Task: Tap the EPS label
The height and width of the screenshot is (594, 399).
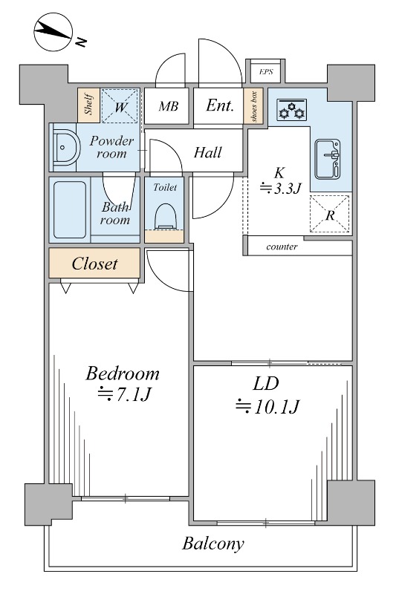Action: (x=266, y=71)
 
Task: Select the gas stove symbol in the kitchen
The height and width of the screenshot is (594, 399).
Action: (x=291, y=110)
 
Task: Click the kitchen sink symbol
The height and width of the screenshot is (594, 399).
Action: (x=328, y=159)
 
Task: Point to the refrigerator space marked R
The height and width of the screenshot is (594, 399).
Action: (x=330, y=214)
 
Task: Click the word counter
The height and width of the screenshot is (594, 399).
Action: (x=282, y=247)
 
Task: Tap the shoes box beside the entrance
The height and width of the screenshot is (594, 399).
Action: (x=253, y=105)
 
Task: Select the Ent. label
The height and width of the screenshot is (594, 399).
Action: (x=220, y=105)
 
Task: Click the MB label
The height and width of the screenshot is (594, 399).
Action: (x=168, y=106)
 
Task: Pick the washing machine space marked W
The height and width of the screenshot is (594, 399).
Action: (x=120, y=105)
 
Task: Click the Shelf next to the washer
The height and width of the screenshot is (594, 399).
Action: (x=88, y=105)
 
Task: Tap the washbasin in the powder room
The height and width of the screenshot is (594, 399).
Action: (x=66, y=148)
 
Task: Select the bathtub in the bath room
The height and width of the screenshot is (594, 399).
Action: (x=70, y=210)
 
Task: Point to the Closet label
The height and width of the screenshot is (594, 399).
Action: (x=94, y=264)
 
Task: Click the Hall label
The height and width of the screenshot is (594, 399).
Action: (x=207, y=152)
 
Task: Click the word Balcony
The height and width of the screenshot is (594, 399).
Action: (x=213, y=544)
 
